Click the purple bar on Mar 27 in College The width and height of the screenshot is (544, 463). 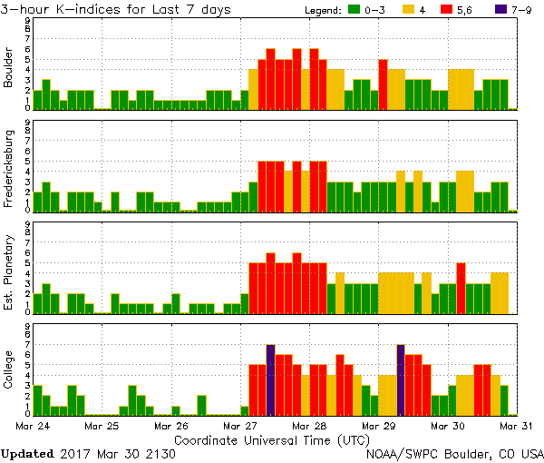(270, 379)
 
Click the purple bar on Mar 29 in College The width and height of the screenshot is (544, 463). (401, 379)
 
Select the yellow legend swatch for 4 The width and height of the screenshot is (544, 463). (410, 9)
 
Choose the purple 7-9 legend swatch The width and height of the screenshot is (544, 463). (502, 9)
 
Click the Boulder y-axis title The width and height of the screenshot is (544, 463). (9, 69)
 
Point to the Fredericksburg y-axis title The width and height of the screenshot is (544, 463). (9, 170)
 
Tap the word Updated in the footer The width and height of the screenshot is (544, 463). (27, 453)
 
